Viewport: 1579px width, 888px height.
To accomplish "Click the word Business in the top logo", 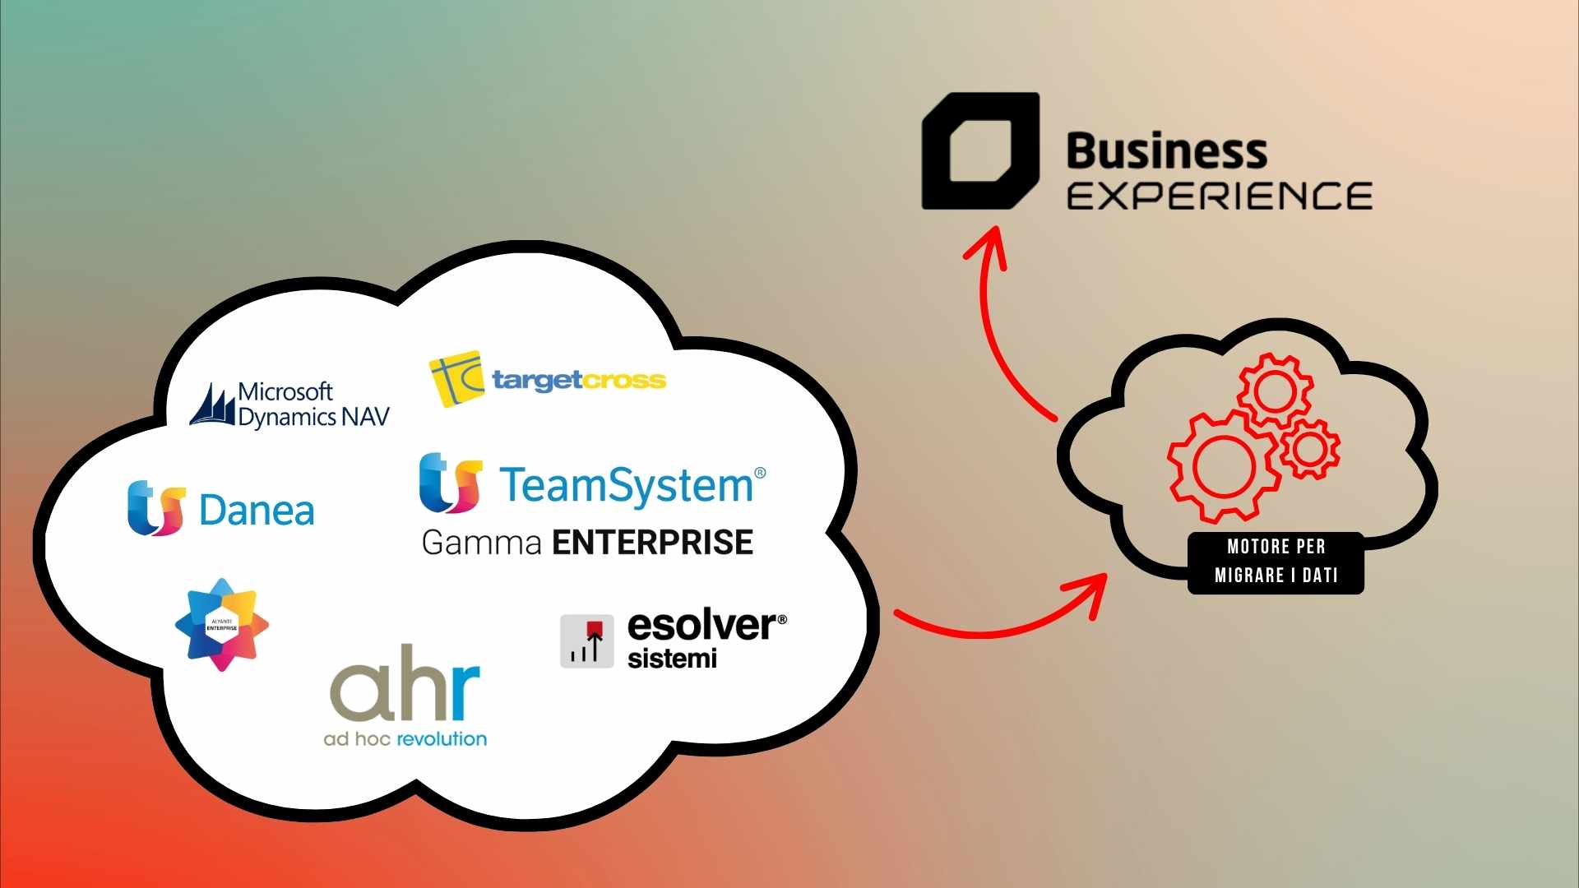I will pos(1166,151).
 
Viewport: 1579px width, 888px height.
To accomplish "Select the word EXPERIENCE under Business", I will pos(1219,197).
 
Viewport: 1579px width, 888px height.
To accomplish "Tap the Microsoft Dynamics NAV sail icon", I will pos(212,405).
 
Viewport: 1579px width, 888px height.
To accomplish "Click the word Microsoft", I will pos(285,391).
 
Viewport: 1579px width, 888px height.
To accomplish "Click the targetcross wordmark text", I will pos(579,380).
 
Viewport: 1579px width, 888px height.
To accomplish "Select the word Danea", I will pos(257,511).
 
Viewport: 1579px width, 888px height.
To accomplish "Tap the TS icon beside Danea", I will pos(156,508).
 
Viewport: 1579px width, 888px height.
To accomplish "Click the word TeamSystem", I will pos(626,484).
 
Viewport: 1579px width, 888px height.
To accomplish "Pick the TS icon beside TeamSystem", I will pos(450,483).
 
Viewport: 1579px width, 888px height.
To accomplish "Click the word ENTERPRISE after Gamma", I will pos(652,543).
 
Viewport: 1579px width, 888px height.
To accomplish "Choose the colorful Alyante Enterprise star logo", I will pos(222,625).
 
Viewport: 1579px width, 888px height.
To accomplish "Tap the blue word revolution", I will pos(442,739).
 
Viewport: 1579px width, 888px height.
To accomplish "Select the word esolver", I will pos(702,626).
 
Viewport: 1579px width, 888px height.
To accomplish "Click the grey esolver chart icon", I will pos(587,641).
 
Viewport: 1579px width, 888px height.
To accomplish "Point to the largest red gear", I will pos(1224,466).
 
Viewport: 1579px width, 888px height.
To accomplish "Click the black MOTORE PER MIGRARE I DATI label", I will pos(1276,562).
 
